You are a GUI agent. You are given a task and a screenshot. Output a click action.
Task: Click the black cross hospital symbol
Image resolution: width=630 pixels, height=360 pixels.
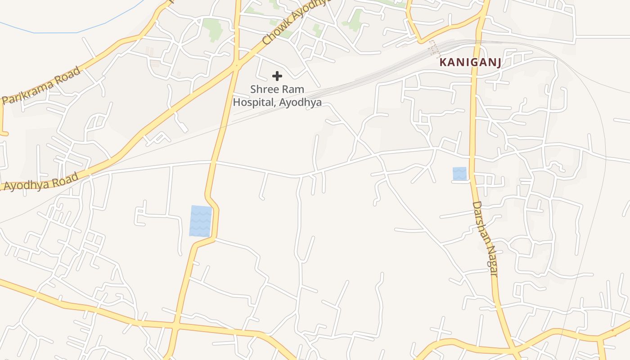[277, 76]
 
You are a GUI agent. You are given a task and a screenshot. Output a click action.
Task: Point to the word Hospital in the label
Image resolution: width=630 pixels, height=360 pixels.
[254, 102]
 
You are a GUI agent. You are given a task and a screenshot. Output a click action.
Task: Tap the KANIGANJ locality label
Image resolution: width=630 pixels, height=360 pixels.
[470, 63]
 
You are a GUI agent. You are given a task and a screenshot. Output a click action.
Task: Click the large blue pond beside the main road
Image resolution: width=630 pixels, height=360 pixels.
[200, 220]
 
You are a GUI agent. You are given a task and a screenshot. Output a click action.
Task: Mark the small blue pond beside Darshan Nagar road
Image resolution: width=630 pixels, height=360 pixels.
[459, 174]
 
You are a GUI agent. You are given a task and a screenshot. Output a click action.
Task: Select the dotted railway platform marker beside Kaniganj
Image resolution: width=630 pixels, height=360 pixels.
[435, 49]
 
